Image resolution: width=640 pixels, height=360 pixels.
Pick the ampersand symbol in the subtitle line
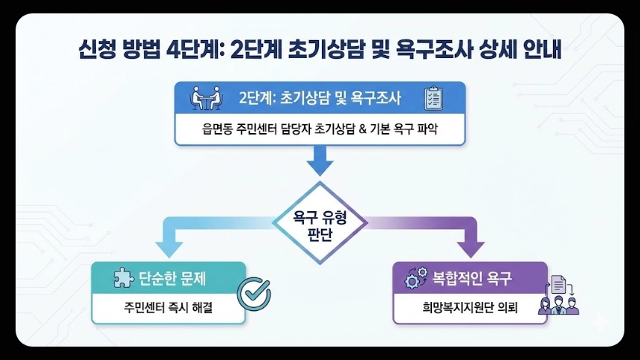click(359, 129)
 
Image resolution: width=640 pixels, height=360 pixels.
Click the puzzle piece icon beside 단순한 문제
click(122, 278)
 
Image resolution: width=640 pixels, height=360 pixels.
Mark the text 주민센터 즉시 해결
click(168, 308)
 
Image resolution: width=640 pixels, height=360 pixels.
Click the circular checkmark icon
click(253, 294)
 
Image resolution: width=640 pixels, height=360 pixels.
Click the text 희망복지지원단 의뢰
click(470, 308)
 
